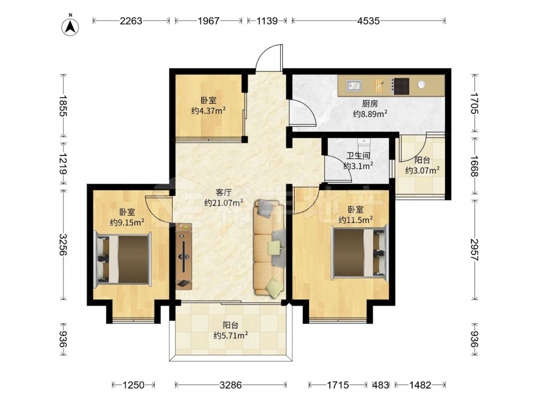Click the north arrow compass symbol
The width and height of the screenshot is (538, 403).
click(x=70, y=27)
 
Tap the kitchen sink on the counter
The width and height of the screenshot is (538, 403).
click(x=354, y=85)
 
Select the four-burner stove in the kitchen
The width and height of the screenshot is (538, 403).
click(x=401, y=86)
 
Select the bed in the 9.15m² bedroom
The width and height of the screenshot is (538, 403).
click(x=123, y=259)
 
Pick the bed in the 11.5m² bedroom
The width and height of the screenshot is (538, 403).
click(x=359, y=252)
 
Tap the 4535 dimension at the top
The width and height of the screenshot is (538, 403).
click(x=369, y=21)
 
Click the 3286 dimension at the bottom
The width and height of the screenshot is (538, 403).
click(x=231, y=385)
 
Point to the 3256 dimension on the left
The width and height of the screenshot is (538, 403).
click(x=63, y=244)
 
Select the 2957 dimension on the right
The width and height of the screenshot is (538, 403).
click(x=474, y=250)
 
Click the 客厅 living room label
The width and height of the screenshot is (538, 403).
click(x=223, y=192)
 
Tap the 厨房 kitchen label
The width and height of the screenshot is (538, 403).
click(x=370, y=103)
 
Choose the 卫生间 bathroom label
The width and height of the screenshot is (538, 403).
click(x=358, y=156)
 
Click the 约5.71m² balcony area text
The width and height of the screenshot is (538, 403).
click(x=231, y=335)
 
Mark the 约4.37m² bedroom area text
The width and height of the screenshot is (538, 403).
click(x=208, y=110)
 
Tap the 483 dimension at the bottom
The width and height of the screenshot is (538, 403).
click(x=380, y=385)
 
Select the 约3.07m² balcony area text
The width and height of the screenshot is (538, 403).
click(x=422, y=170)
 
